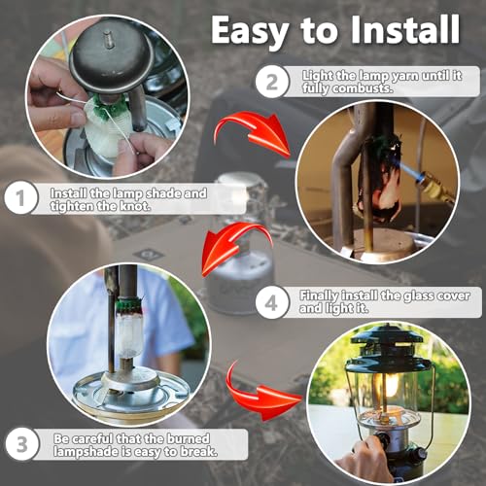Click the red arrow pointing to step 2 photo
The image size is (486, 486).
click(x=255, y=132)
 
